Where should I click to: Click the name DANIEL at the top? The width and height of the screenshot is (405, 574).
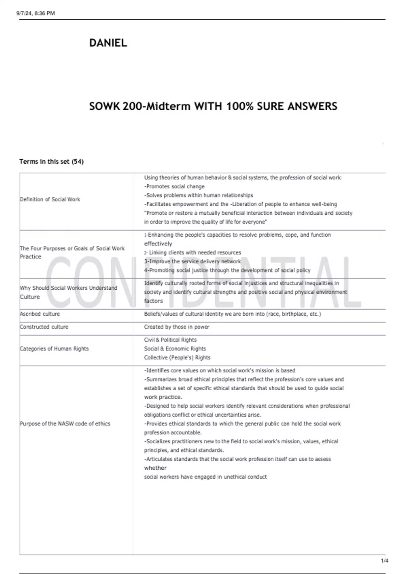108,43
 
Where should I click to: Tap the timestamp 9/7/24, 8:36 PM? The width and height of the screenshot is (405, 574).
35,13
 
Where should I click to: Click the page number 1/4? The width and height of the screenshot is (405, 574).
384,561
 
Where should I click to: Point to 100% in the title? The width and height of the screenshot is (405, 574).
240,106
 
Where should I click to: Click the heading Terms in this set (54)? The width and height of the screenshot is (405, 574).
51,161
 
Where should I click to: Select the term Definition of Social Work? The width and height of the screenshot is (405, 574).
50,199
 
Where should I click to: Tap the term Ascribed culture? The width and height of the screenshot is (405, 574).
40,314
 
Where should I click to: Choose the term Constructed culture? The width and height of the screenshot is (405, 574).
44,327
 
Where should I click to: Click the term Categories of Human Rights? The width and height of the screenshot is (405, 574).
54,348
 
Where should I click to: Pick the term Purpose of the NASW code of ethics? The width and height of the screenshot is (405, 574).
65,423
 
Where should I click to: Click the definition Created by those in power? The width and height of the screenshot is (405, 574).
177,327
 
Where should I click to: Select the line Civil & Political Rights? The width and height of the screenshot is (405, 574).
170,340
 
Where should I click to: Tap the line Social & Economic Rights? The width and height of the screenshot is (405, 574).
175,348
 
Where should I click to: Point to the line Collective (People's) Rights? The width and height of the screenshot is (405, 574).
177,357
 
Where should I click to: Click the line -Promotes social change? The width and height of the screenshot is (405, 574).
174,186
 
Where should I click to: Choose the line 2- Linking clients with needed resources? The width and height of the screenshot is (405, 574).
192,253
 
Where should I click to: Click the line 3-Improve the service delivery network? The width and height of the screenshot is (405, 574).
192,261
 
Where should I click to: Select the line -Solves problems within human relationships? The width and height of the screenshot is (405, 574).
198,195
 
